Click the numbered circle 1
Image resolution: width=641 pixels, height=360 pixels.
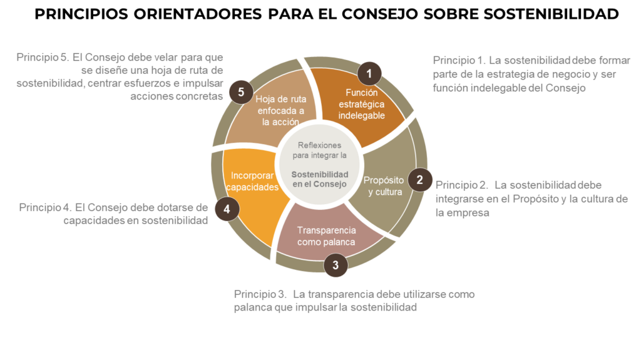tap(369, 74)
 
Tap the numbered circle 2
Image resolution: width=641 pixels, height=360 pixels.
tap(420, 180)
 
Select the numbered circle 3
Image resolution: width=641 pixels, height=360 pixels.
tap(336, 265)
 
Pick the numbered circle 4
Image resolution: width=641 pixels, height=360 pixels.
tap(226, 208)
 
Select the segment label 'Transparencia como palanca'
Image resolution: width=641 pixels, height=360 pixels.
tap(326, 235)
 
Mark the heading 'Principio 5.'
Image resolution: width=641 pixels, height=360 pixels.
tap(43, 57)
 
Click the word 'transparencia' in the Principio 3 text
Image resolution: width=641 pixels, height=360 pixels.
tap(335, 294)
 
